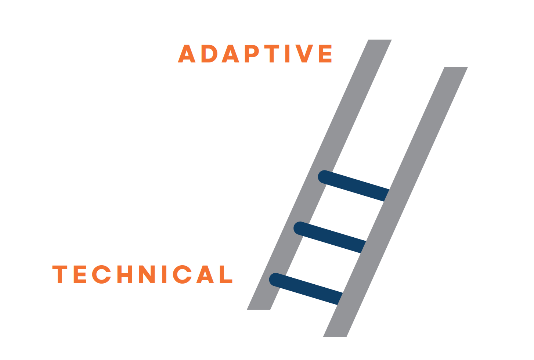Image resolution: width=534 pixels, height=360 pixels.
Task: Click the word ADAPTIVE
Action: point(255,54)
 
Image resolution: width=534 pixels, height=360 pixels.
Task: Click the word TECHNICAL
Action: point(142,274)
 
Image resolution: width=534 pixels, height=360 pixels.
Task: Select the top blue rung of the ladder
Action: point(354,186)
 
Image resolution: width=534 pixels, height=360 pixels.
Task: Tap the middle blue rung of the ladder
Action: point(329,237)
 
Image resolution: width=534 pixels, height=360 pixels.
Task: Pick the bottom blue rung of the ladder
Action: point(306,289)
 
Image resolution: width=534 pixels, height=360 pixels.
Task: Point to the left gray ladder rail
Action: point(319,174)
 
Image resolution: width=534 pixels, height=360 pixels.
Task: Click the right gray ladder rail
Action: point(395,202)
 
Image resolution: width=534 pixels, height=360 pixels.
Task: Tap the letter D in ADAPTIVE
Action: point(209,54)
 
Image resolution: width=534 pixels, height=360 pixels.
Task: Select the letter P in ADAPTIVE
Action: point(252,54)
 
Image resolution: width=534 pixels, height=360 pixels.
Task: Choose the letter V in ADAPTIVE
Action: point(304,54)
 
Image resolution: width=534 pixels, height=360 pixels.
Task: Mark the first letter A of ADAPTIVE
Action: point(187,54)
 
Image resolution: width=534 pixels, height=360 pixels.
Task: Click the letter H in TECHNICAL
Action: point(127,274)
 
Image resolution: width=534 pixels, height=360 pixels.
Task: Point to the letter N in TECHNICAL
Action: point(147,274)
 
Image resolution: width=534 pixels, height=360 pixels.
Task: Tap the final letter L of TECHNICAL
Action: point(226,274)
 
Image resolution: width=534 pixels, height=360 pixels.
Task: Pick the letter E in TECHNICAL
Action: point(80,274)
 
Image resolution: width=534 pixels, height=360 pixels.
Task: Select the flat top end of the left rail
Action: point(380,40)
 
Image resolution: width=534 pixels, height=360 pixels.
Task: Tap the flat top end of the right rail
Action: point(456,67)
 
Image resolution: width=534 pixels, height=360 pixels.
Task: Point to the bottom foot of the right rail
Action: point(335,336)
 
